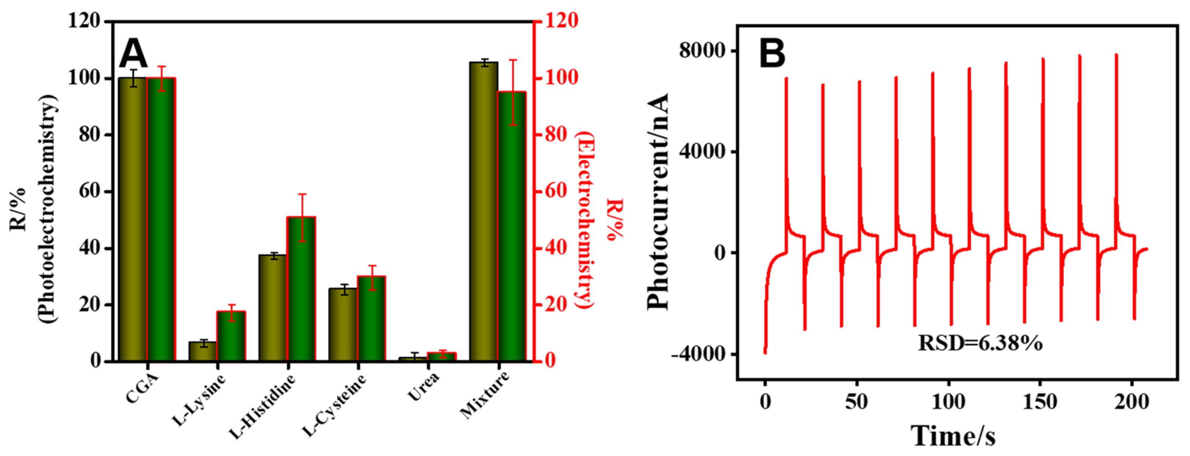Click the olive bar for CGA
tap(133, 220)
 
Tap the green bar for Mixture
tap(512, 226)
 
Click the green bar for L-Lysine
tap(231, 336)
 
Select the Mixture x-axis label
tap(485, 395)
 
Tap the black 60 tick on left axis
tap(89, 191)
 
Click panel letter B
tap(772, 54)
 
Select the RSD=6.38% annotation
tap(980, 343)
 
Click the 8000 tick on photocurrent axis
tap(702, 50)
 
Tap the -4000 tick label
tap(697, 355)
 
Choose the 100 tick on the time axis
tap(948, 402)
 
